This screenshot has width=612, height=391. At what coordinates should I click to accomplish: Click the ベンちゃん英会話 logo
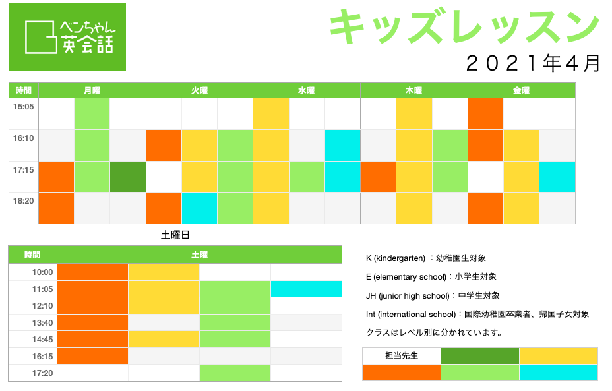coord(67,38)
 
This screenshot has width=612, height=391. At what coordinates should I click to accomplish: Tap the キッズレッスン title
coord(464,26)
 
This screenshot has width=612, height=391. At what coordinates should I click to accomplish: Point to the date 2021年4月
coord(533,63)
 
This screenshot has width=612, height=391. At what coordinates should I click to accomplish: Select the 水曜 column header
coord(307,90)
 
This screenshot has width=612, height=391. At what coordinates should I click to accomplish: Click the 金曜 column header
coord(521,90)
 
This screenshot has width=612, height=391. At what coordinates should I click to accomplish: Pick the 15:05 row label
coord(24,107)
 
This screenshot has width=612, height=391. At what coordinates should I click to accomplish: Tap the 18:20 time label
coord(24,201)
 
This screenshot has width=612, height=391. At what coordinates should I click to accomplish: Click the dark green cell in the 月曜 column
coord(128,177)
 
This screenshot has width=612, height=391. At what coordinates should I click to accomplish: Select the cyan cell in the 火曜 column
coord(199,208)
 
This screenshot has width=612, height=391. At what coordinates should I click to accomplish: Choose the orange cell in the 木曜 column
coord(378,177)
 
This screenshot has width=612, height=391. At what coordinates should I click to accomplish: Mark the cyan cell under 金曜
coord(557,177)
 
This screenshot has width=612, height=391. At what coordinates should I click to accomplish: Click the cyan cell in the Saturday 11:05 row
coord(307,289)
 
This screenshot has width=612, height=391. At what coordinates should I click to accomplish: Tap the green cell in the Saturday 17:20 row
coord(235,373)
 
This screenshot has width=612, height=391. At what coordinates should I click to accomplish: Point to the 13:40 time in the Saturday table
coord(43,322)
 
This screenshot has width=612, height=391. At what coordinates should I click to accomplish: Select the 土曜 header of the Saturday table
coord(199,255)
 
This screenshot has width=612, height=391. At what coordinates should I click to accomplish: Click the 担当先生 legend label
coord(402,356)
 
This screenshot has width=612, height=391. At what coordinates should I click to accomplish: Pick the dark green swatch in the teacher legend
coord(480,356)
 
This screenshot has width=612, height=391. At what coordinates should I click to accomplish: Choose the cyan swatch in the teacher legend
coord(559,373)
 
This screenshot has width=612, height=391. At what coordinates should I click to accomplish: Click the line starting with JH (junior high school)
coord(433,296)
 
